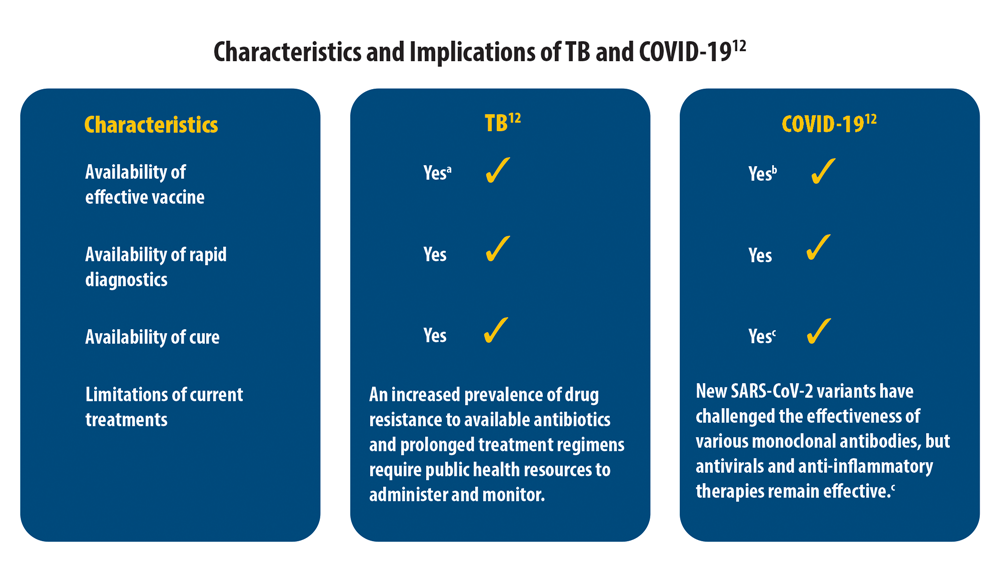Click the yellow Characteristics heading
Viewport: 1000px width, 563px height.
point(151,125)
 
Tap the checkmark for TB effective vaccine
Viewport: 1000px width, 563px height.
point(497,171)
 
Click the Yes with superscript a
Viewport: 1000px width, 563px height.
point(437,173)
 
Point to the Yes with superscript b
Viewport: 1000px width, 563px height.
point(762,173)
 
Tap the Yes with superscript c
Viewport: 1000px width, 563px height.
point(761,337)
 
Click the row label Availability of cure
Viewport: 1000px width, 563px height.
point(152,337)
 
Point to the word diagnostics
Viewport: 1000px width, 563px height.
point(126,280)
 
